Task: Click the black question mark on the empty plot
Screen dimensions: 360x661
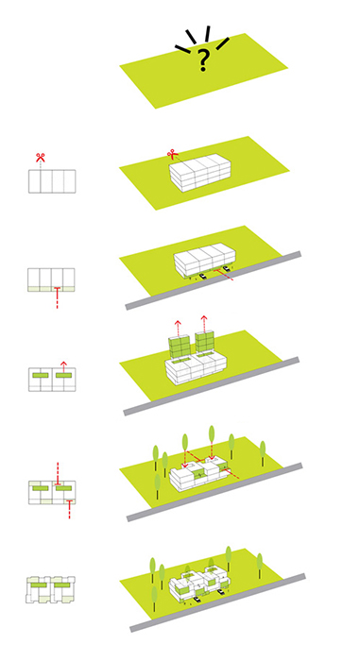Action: pos(203,59)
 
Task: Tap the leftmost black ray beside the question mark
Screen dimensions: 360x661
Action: pos(182,49)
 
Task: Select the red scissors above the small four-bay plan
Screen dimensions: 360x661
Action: pos(40,158)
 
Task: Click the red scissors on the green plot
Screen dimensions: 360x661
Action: pos(172,154)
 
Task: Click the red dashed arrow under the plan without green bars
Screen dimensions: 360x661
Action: pos(57,297)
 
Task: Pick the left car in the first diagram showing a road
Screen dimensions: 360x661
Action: pos(203,277)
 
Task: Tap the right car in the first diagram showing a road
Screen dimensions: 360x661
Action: pos(228,267)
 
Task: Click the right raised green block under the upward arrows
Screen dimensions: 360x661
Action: pos(204,342)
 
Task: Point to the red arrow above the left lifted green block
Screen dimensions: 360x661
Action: pos(178,328)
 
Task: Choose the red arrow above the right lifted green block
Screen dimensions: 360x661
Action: pos(204,323)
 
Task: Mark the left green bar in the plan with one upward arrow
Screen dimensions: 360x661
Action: pos(40,375)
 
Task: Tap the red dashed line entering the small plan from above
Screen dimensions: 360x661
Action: pos(59,474)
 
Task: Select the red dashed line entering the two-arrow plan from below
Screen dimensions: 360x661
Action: pos(69,509)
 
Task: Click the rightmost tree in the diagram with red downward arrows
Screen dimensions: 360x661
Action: pos(263,453)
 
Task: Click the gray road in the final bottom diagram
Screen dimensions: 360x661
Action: pos(217,602)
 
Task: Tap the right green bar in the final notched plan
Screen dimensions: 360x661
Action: pos(61,586)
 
